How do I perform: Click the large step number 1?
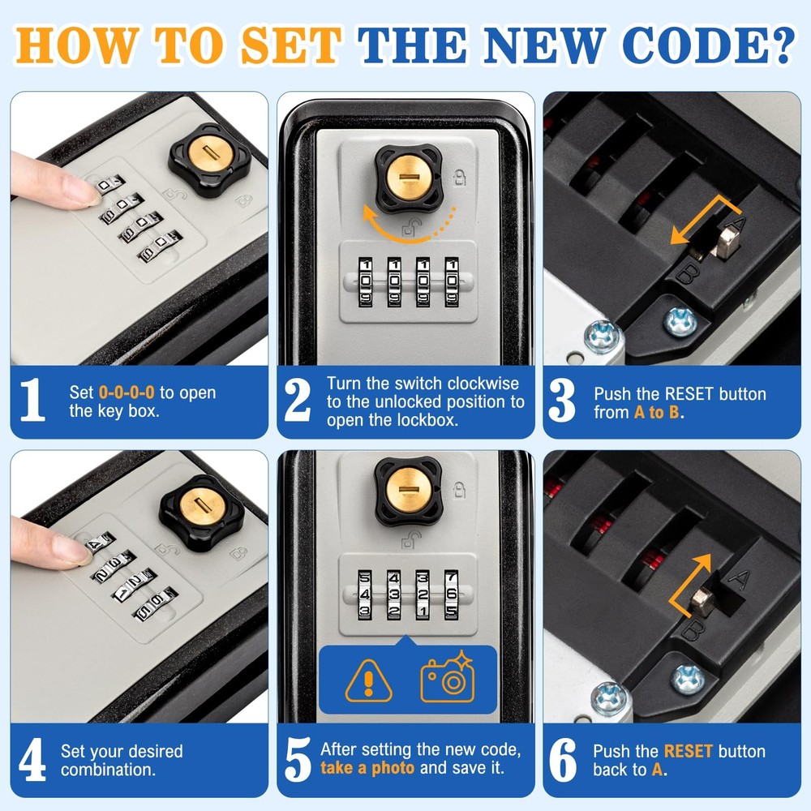(32, 401)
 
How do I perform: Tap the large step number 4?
(32, 760)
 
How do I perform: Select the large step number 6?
(562, 760)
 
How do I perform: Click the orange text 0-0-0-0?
(127, 393)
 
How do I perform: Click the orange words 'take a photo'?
(367, 769)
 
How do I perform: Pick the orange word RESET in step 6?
(688, 751)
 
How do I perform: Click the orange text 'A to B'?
(657, 412)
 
